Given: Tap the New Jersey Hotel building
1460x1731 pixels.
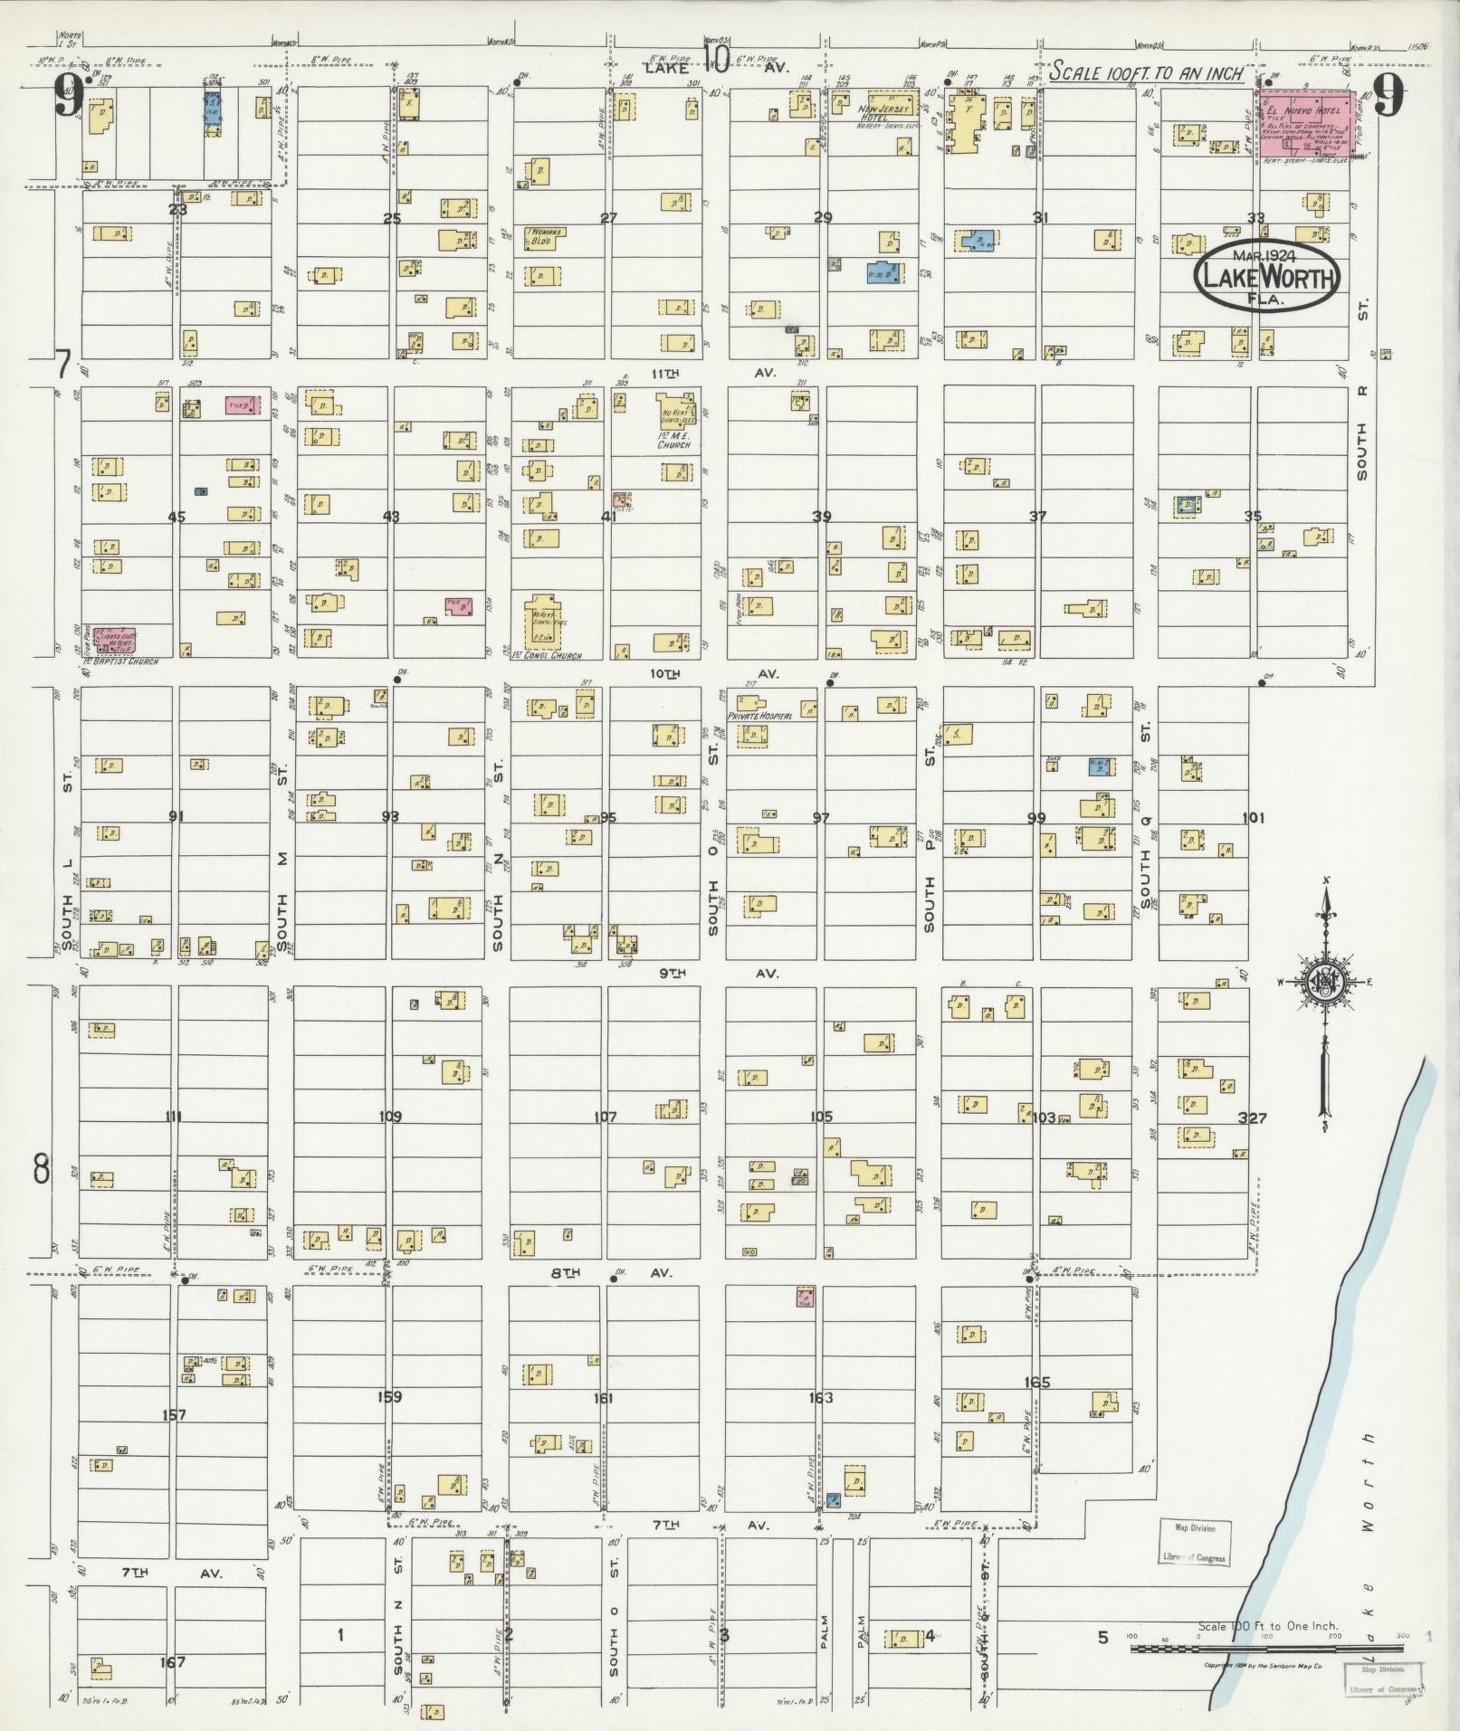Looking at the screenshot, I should click(x=892, y=105).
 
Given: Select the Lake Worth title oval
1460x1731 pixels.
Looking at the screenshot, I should click(x=1267, y=273).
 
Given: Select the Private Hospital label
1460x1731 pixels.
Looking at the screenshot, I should click(x=760, y=715).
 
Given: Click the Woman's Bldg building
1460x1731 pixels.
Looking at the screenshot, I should click(x=544, y=237).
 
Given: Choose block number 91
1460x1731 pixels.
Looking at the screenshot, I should click(x=176, y=816).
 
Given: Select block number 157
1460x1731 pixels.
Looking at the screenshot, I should click(x=174, y=1414).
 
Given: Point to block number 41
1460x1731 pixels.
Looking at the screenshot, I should click(x=608, y=517).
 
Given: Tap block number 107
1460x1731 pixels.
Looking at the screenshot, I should click(x=605, y=1117).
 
